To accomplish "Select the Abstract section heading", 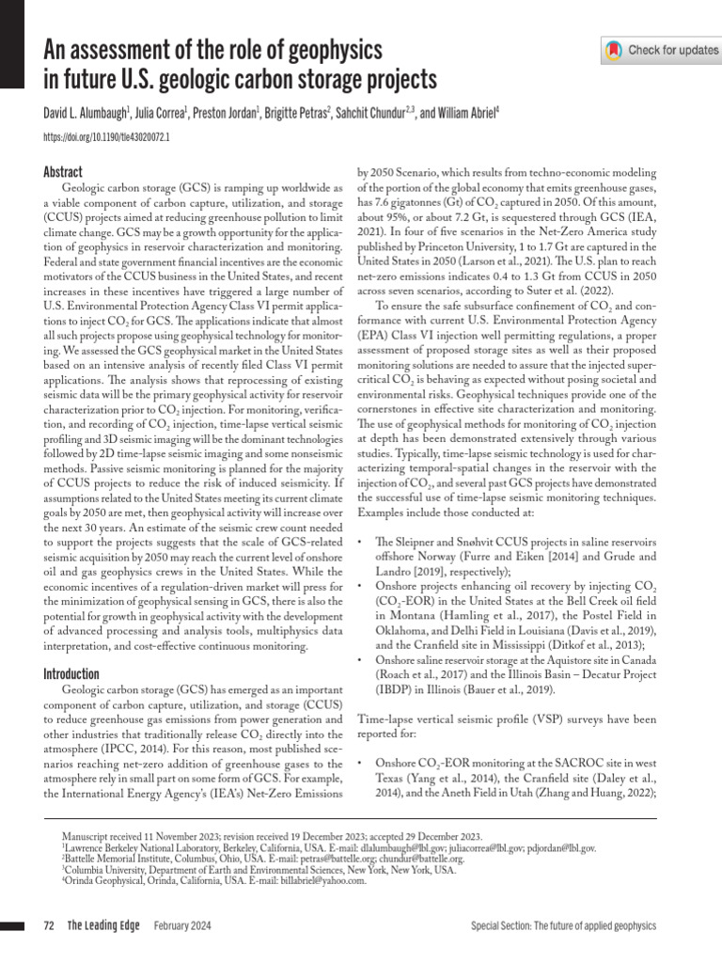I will point(63,172).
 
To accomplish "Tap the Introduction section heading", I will point(71,674).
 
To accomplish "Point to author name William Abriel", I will point(466,114).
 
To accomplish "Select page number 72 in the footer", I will point(50,926).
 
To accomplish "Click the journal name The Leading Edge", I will point(103,926).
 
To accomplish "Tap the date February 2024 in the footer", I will point(182,926).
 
